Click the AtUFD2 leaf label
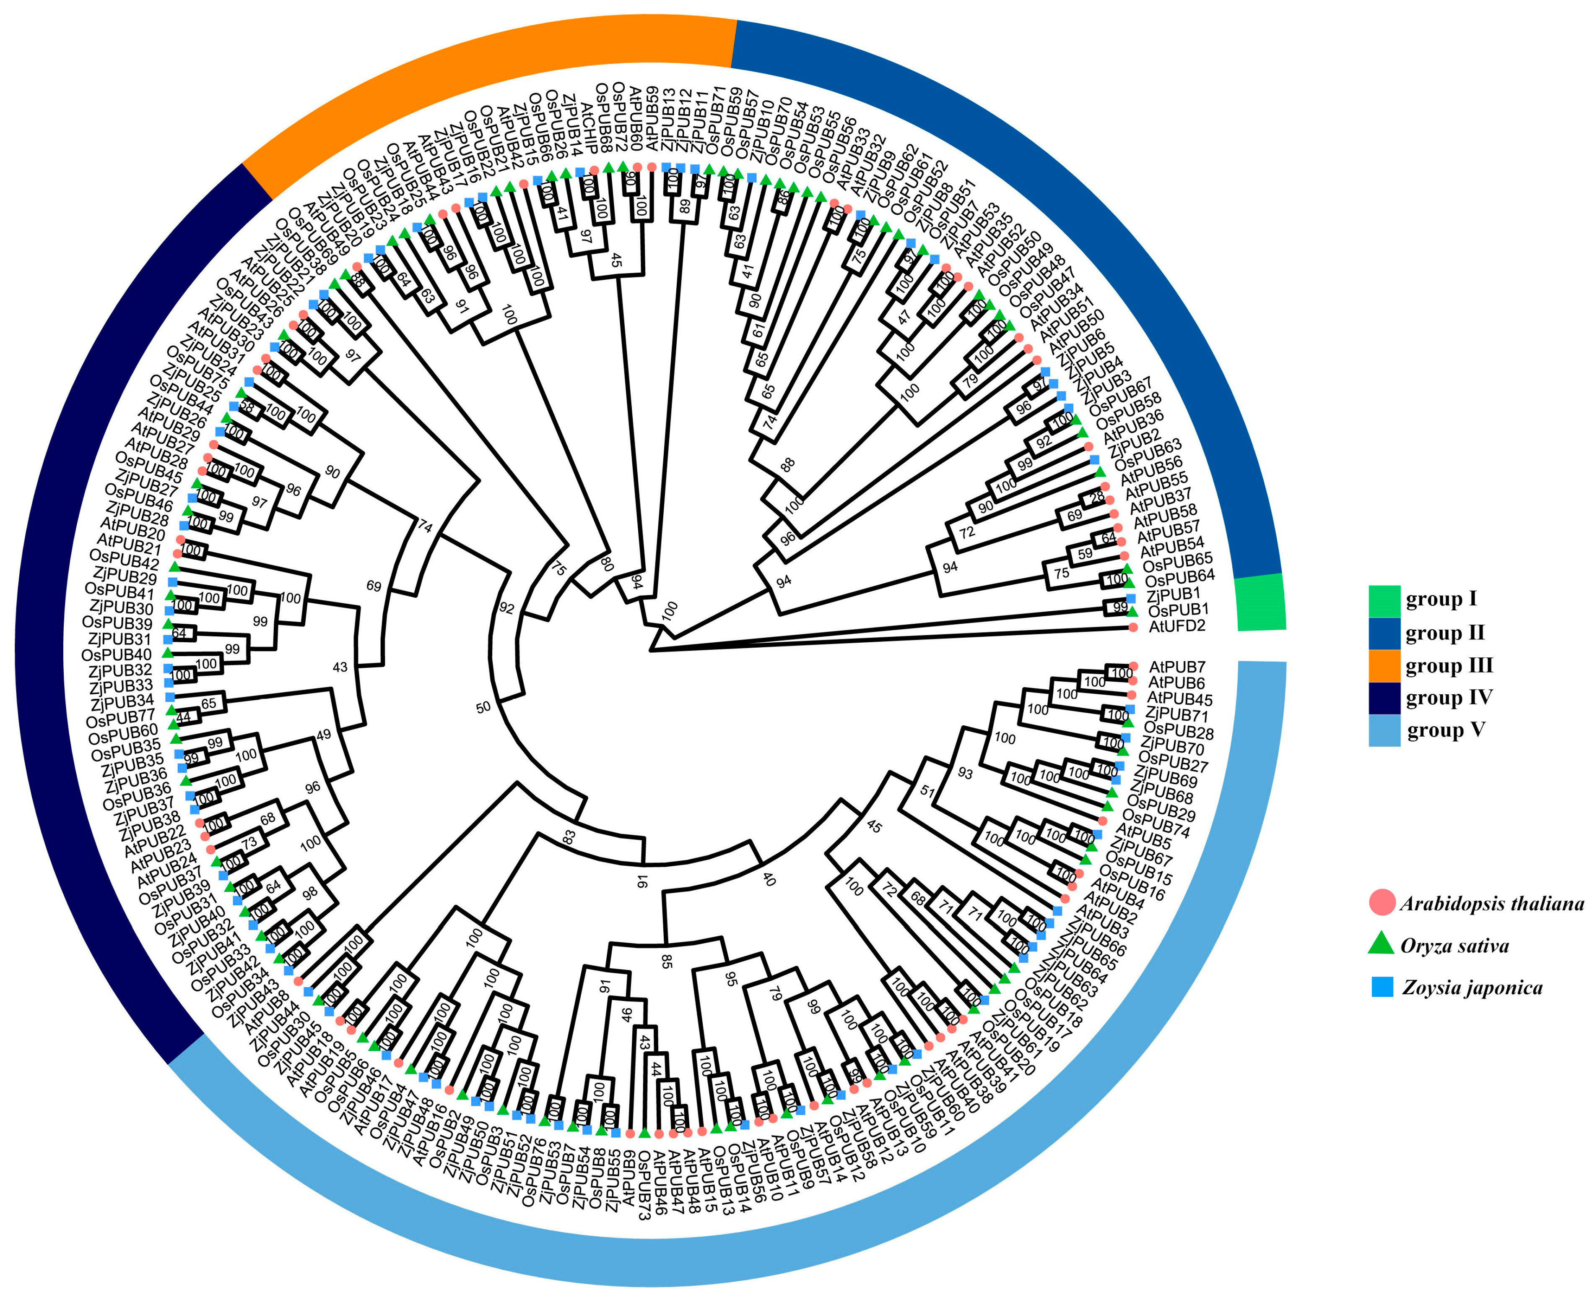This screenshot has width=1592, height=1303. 1176,626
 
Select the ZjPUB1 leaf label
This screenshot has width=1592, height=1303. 1173,594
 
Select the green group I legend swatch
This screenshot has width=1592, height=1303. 1384,600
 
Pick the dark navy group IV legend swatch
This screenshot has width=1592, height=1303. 1384,698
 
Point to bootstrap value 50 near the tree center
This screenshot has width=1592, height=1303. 483,707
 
